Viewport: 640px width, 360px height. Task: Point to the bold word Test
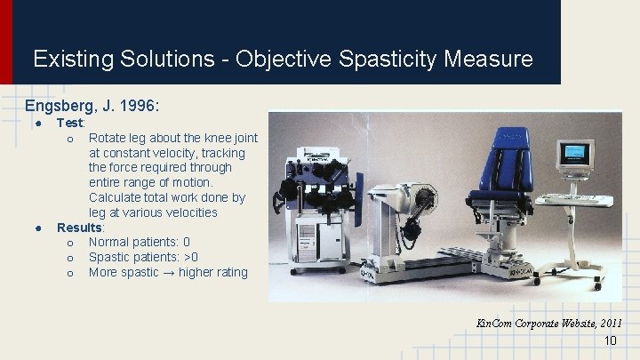pyautogui.click(x=70, y=123)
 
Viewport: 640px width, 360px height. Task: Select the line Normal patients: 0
pyautogui.click(x=139, y=243)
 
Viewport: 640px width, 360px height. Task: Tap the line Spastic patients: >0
pyautogui.click(x=144, y=258)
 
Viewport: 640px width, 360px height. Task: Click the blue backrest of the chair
pyautogui.click(x=508, y=161)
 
